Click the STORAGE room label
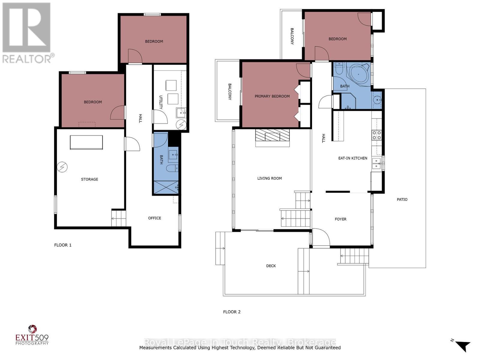(89, 179)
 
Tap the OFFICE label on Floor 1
(154, 218)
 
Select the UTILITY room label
(161, 102)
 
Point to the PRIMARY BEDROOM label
(272, 96)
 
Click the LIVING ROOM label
(269, 178)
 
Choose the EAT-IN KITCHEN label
(353, 158)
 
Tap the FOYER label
(340, 219)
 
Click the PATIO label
(402, 199)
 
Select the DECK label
(271, 266)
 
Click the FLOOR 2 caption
(232, 312)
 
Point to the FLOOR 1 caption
(63, 245)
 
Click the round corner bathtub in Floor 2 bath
(359, 74)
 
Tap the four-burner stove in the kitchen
(377, 135)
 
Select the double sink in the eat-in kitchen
(376, 163)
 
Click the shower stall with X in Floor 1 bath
(166, 187)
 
